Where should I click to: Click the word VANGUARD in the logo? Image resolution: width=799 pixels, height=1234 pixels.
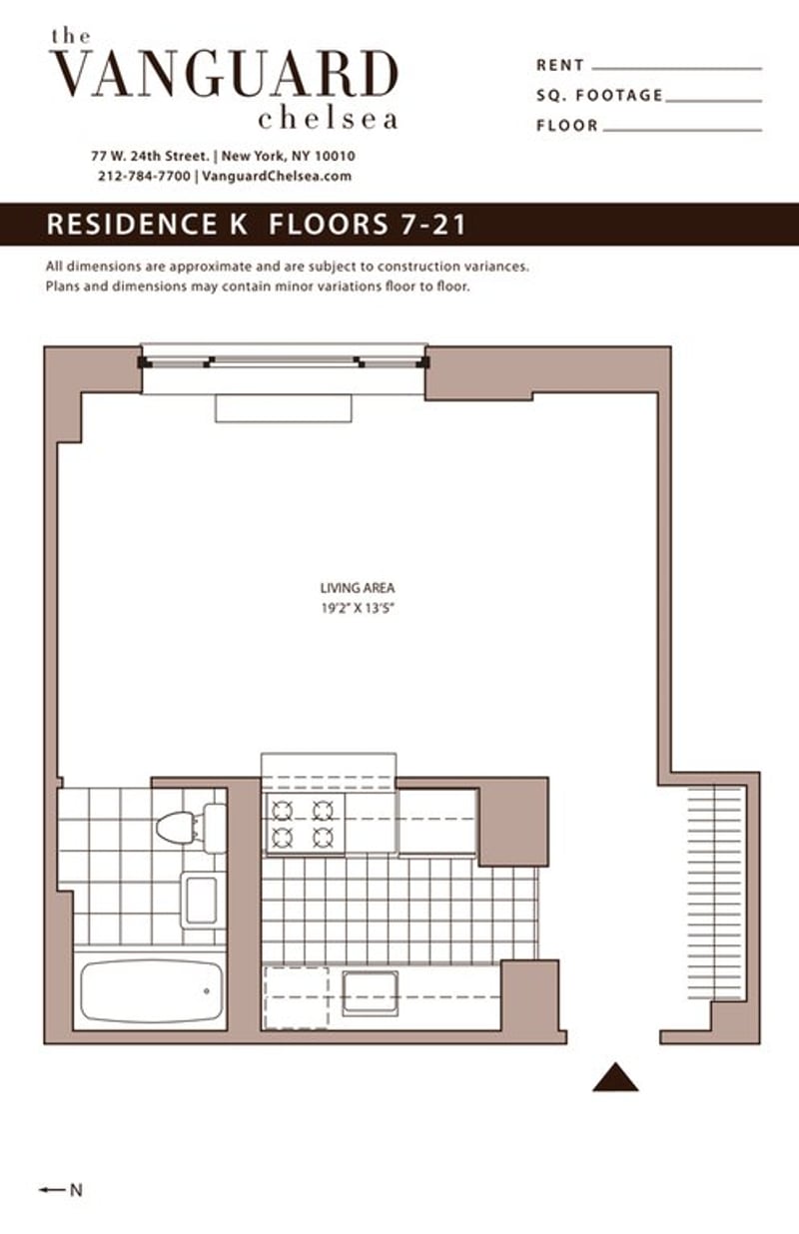coord(224,76)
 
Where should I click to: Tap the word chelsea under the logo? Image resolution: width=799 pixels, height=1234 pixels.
coord(328,119)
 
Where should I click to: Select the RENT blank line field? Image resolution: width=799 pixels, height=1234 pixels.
coord(676,67)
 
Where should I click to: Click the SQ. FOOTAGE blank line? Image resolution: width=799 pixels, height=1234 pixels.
coord(712,99)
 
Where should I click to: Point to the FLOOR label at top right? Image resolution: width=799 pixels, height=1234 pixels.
coord(566,126)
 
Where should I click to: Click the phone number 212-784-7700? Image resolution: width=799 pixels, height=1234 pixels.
coord(144,176)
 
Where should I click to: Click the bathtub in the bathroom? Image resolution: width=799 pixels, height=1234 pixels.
coord(150,990)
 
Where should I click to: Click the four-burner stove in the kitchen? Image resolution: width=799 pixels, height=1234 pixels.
coord(303,823)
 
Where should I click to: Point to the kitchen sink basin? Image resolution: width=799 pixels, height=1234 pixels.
coord(370,992)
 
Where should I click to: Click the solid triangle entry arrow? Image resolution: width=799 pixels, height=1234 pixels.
coord(615,1078)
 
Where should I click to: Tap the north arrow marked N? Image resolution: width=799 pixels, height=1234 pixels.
coord(60,1189)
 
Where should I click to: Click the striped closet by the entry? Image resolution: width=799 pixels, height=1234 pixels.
coord(715,893)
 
